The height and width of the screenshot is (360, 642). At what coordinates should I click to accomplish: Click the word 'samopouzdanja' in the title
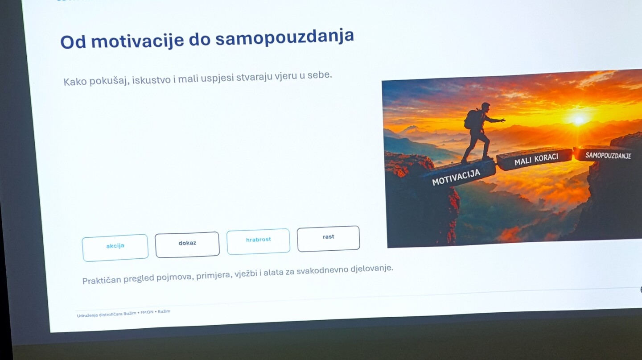[x=284, y=37]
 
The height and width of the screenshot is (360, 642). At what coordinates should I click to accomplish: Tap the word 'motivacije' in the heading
[x=138, y=41]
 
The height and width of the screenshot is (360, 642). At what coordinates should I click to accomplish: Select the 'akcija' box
[x=115, y=248]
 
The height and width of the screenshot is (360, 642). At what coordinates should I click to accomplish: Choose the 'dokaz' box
[x=187, y=244]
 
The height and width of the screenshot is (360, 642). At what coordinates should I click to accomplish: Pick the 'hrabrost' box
[x=258, y=241]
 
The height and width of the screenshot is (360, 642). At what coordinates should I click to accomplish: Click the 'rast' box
[x=329, y=238]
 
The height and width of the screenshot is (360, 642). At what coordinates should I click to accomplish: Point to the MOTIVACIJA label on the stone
[x=456, y=177]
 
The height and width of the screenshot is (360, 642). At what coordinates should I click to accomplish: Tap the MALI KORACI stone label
[x=536, y=160]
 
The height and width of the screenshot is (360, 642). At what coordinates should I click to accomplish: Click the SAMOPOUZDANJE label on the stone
[x=608, y=156]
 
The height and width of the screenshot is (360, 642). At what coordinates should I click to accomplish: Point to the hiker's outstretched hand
[x=502, y=120]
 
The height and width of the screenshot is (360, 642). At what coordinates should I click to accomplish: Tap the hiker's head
[x=486, y=107]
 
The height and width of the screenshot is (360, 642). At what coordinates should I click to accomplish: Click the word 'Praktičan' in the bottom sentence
[x=102, y=280]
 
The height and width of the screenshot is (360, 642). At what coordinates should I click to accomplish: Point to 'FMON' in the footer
[x=147, y=312]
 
